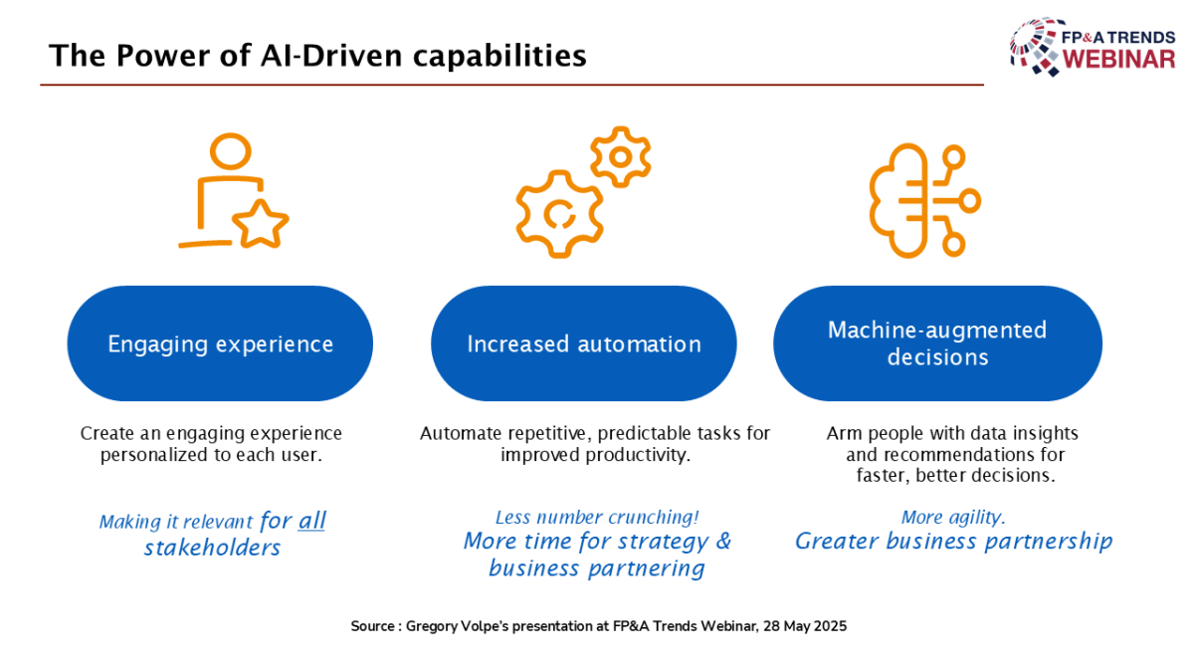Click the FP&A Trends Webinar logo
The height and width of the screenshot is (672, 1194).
pos(1093,47)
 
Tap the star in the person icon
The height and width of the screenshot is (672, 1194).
pos(260,225)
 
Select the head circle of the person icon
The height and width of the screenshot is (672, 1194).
pos(230,151)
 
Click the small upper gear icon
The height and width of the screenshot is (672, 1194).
pos(621,157)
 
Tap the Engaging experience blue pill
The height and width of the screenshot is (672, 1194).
pos(220,343)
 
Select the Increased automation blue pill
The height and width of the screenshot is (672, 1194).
pos(584,343)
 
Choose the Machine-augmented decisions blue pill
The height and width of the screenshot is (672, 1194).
pos(937,343)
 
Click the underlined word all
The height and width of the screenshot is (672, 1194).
pos(311,521)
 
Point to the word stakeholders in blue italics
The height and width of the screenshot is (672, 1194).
pos(212,548)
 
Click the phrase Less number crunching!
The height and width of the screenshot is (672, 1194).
pos(597,518)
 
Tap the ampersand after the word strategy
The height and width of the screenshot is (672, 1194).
pos(723,541)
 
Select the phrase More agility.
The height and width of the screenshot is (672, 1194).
pos(953,518)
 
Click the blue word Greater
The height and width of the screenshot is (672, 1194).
pos(837,542)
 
